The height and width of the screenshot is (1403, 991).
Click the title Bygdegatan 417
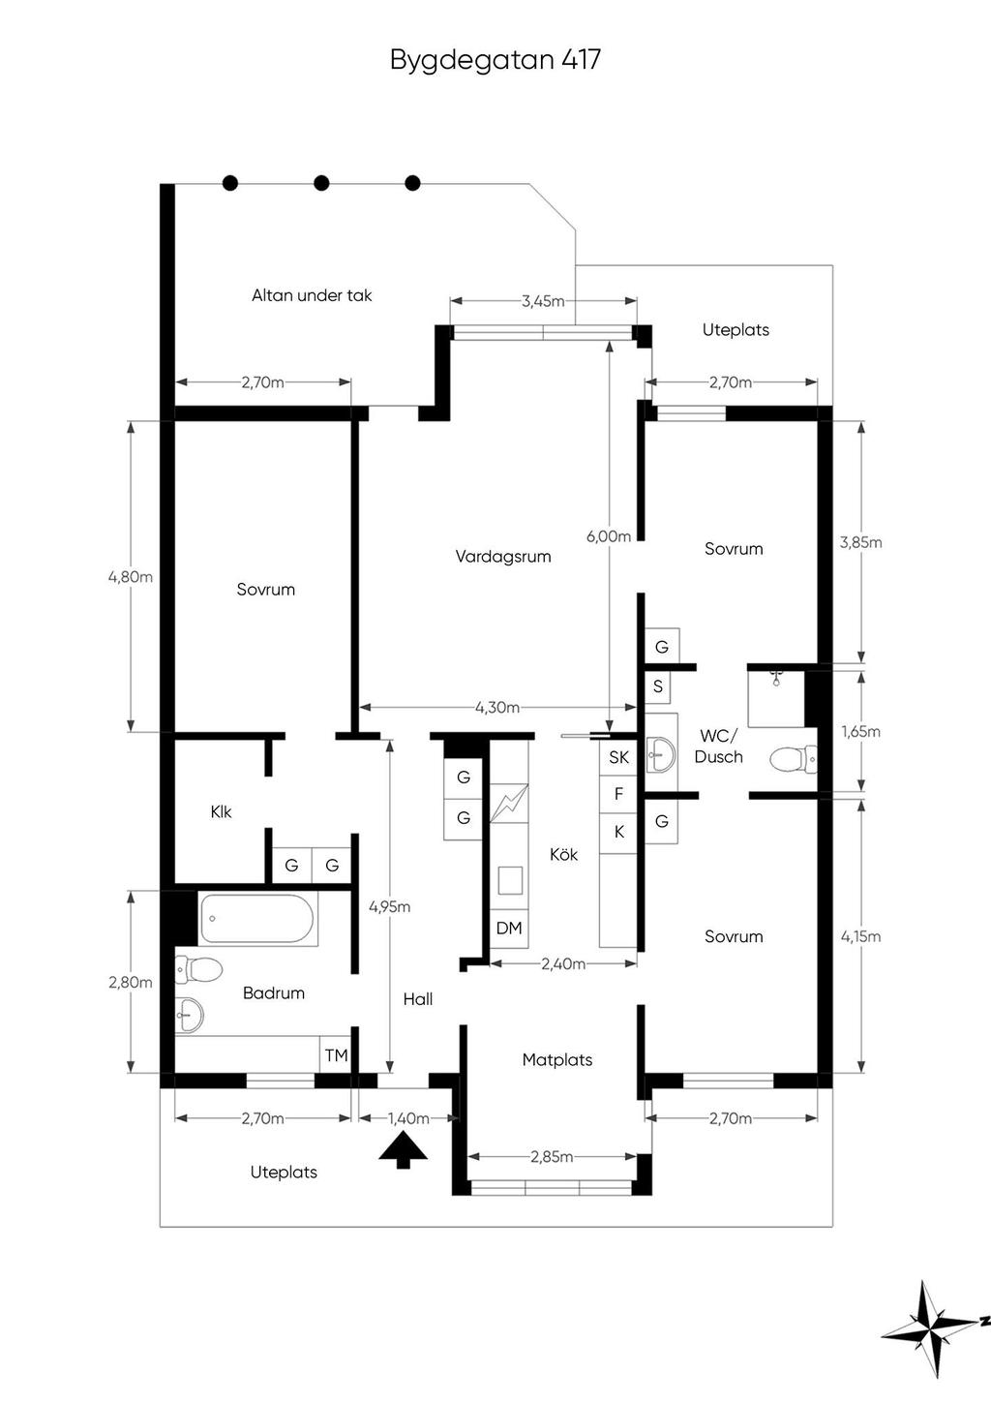[495, 60]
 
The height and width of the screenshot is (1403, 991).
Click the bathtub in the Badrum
[256, 918]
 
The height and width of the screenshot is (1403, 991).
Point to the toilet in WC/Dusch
[793, 759]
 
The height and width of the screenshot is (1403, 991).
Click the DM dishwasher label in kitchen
[509, 929]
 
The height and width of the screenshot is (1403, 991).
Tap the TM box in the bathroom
[336, 1055]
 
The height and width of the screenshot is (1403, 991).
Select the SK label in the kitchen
[619, 758]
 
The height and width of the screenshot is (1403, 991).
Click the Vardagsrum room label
[503, 557]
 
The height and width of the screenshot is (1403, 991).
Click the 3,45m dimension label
[543, 301]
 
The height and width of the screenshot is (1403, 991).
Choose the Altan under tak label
[312, 295]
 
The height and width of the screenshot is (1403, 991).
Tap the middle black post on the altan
[321, 183]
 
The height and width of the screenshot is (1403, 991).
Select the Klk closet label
[221, 811]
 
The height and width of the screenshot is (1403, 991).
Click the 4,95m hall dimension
[389, 907]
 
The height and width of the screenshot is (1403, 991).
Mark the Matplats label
[556, 1060]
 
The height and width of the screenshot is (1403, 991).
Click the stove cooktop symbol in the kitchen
[509, 804]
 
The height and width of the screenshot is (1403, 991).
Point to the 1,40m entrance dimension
[408, 1118]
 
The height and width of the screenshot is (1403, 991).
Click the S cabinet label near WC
[658, 686]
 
